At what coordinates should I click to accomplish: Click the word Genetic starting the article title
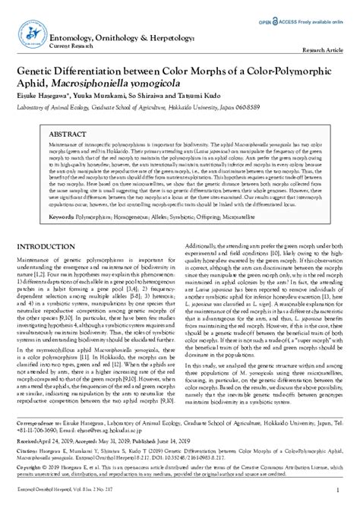(39, 69)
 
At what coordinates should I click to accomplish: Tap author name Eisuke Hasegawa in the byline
(46, 96)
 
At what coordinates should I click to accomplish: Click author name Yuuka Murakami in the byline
(104, 96)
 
